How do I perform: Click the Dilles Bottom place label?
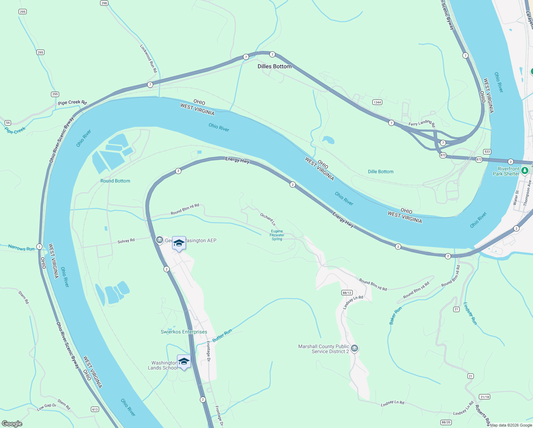[x=274, y=66]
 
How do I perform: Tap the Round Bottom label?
[x=115, y=181]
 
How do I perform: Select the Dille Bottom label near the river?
[x=381, y=172]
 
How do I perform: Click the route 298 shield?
[x=104, y=3]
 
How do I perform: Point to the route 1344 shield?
[x=377, y=102]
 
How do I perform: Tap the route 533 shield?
[x=487, y=152]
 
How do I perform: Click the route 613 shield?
[x=95, y=409]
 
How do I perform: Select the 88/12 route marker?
[x=347, y=292]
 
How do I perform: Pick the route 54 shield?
[x=7, y=123]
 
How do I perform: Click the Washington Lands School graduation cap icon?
[x=184, y=362]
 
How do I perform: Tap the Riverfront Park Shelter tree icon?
[x=524, y=171]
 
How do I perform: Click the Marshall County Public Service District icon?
[x=354, y=348]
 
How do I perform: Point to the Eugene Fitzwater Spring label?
[x=277, y=235]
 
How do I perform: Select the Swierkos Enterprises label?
[x=184, y=332]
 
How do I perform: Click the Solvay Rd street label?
[x=126, y=241]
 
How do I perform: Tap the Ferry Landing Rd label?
[x=422, y=123]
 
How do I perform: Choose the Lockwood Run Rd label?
[x=148, y=58]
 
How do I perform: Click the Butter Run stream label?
[x=222, y=335]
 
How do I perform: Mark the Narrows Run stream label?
[x=21, y=248]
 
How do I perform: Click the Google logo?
[x=12, y=423]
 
